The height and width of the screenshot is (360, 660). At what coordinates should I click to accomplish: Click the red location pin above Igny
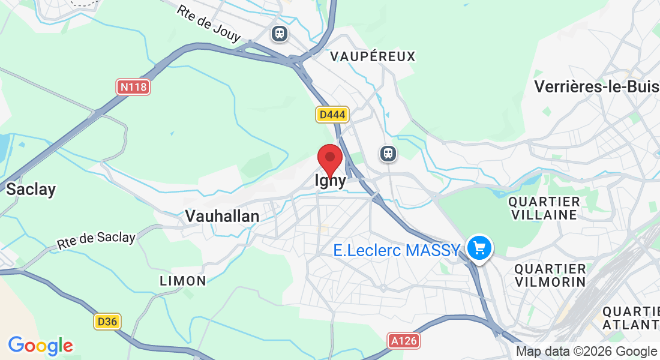(x=329, y=159)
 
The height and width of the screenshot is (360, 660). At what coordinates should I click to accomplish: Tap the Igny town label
(x=331, y=181)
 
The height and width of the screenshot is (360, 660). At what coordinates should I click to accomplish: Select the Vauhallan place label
(x=222, y=216)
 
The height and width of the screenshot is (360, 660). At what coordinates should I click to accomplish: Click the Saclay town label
(x=31, y=190)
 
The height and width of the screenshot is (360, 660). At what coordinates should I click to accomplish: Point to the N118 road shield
(x=133, y=87)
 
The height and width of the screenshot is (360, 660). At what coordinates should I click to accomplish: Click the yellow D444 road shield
(x=332, y=114)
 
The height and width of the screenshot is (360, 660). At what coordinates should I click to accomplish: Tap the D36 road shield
(x=107, y=322)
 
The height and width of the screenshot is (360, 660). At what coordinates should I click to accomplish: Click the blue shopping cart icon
(x=479, y=247)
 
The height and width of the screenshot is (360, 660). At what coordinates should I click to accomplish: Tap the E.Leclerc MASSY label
(x=397, y=250)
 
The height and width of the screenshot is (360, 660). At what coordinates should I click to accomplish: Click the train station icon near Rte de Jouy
(x=280, y=33)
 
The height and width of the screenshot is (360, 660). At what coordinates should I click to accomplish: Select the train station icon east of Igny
(x=388, y=154)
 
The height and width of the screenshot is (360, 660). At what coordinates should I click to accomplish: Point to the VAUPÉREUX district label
(x=373, y=56)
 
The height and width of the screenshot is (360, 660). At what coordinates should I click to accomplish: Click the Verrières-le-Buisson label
(x=596, y=86)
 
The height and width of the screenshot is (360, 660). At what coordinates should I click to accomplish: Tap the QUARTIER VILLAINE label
(x=544, y=208)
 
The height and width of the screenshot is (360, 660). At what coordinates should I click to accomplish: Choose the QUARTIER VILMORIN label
(x=550, y=275)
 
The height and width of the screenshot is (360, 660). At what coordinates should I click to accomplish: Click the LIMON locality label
(x=183, y=280)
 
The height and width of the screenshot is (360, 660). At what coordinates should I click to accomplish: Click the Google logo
(x=41, y=346)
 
